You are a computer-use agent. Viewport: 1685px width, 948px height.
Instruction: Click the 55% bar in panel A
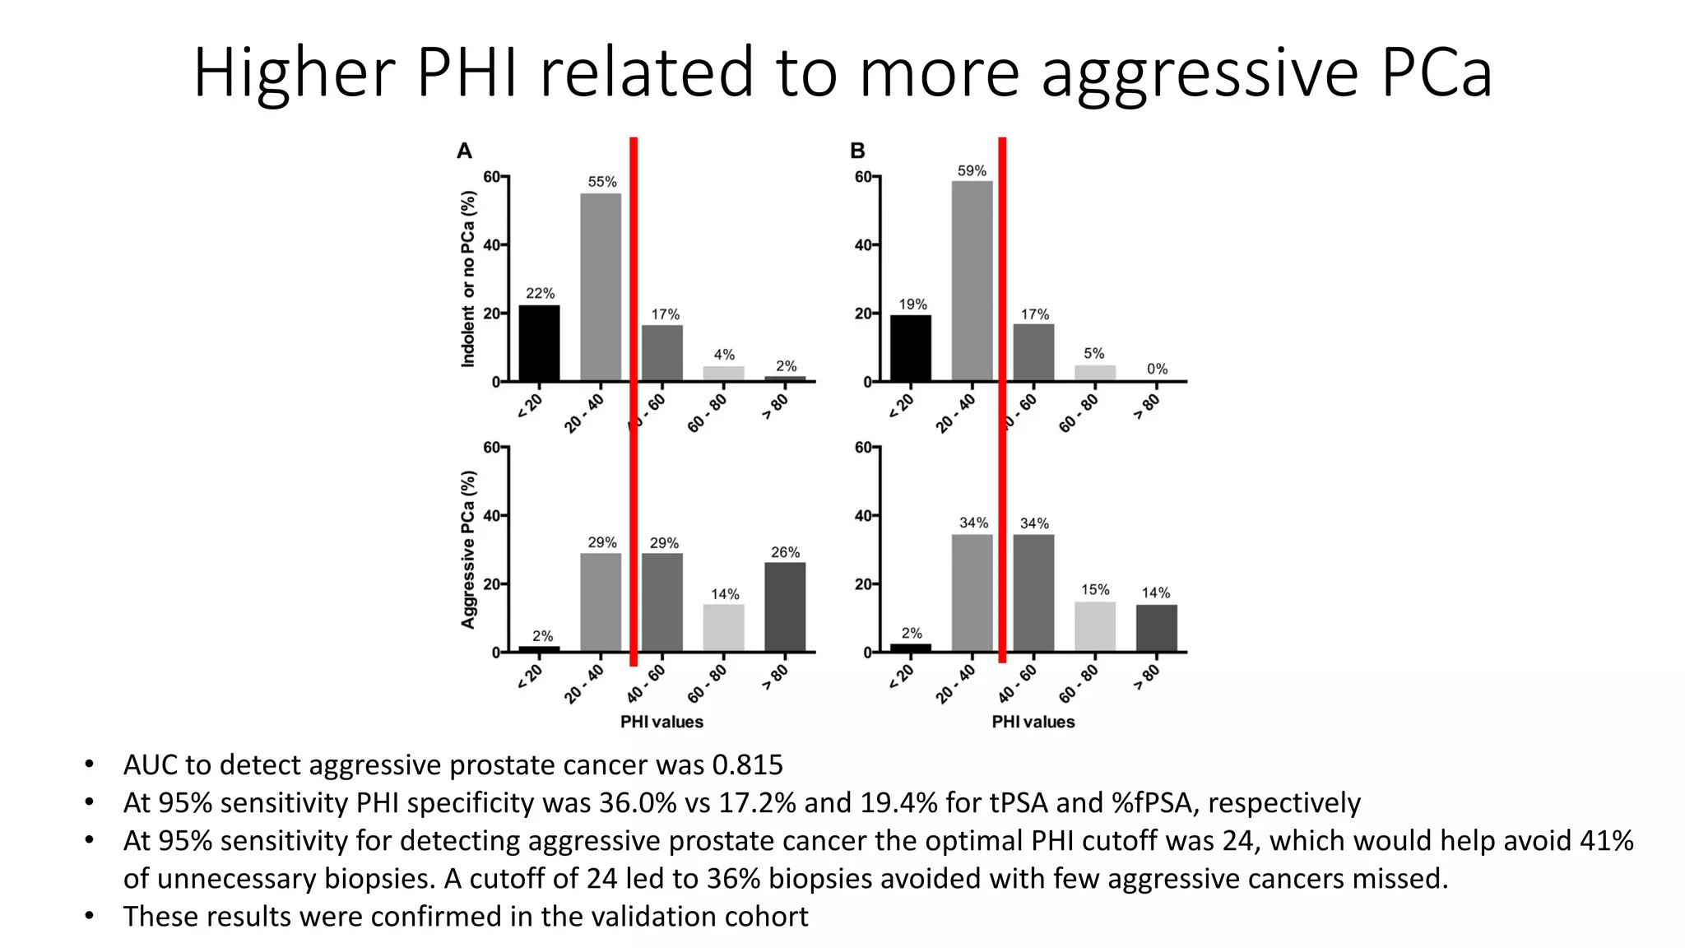[601, 286]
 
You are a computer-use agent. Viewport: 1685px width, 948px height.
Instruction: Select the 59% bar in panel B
[972, 281]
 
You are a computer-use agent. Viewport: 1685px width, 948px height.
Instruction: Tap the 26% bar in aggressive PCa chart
[785, 607]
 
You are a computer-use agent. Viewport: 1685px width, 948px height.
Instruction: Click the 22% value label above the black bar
[541, 294]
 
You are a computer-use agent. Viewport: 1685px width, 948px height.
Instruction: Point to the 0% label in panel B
[1157, 369]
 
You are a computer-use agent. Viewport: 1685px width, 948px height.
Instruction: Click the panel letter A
[464, 151]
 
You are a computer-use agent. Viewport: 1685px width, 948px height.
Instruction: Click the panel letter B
[857, 151]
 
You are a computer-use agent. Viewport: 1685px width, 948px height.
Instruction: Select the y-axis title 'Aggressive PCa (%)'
[468, 550]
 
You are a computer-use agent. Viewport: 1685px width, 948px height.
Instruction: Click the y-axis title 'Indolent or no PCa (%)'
[468, 278]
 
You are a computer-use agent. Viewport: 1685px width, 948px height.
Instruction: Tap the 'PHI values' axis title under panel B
[1033, 723]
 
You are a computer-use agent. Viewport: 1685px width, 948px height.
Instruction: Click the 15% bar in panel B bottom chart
[1095, 627]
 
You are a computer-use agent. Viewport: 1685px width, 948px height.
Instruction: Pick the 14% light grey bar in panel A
[724, 628]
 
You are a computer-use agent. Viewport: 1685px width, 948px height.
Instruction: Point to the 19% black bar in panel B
[911, 348]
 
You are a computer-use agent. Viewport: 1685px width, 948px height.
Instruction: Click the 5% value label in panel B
[1093, 354]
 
